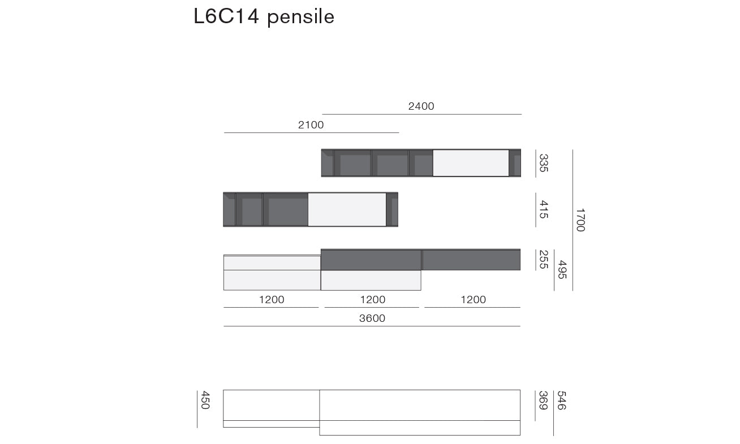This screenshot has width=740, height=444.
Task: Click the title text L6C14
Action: (x=226, y=16)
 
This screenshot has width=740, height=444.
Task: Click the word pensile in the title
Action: (x=300, y=17)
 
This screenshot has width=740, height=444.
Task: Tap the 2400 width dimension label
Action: (x=421, y=106)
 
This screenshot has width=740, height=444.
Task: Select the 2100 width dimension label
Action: (x=311, y=125)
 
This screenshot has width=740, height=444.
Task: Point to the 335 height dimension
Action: (x=544, y=163)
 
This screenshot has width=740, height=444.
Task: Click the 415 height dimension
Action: (x=544, y=209)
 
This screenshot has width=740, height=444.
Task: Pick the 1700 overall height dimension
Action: (x=580, y=220)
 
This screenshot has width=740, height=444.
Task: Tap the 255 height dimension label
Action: (x=544, y=260)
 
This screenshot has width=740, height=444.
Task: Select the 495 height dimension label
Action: (x=562, y=270)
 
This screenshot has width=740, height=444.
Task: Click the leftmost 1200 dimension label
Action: (x=272, y=300)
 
